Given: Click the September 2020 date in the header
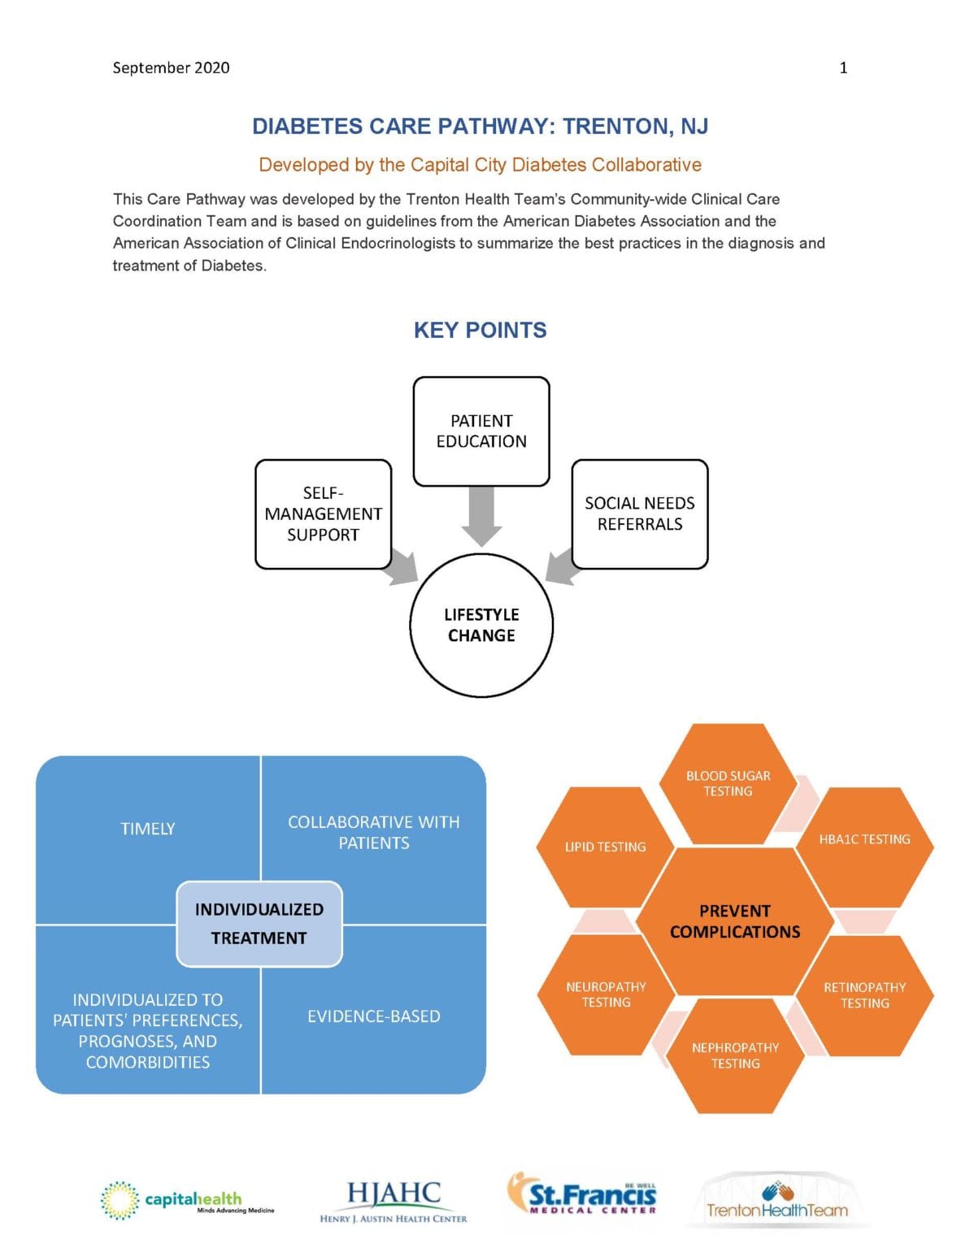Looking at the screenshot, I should [171, 67].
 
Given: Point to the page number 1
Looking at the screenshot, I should [843, 67].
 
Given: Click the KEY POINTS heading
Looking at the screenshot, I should [480, 330].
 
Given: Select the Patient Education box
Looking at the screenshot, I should [481, 431].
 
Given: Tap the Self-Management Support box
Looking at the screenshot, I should [323, 513].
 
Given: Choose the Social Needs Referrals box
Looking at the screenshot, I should [640, 513].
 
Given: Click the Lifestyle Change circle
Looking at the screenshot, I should [481, 625].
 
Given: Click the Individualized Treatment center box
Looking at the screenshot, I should [259, 924].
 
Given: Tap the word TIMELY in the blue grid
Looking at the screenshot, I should [148, 829].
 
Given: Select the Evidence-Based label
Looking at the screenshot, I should [374, 1016].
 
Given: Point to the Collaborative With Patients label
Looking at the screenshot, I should [374, 832].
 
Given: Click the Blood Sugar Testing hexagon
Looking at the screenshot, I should [728, 783].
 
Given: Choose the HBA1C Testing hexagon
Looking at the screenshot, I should [864, 839].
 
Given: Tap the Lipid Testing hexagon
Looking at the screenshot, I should [606, 847].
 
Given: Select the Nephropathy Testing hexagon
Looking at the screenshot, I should [735, 1055].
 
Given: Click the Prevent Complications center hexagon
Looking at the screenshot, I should [735, 921].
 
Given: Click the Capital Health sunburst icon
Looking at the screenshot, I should [120, 1200].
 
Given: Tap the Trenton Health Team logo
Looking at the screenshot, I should [776, 1201].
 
